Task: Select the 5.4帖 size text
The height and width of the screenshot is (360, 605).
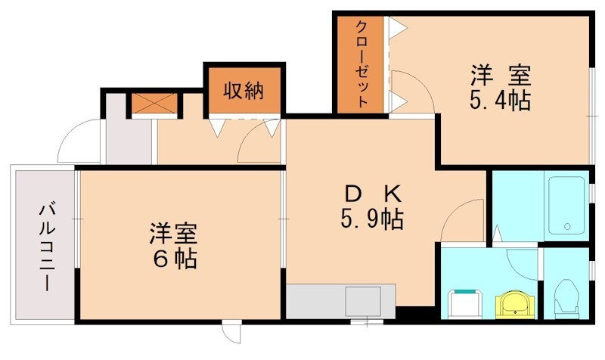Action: (499, 101)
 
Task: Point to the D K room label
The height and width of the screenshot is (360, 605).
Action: (371, 193)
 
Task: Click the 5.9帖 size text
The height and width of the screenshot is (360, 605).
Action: (371, 220)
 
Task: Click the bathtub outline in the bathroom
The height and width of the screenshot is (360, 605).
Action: (566, 206)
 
